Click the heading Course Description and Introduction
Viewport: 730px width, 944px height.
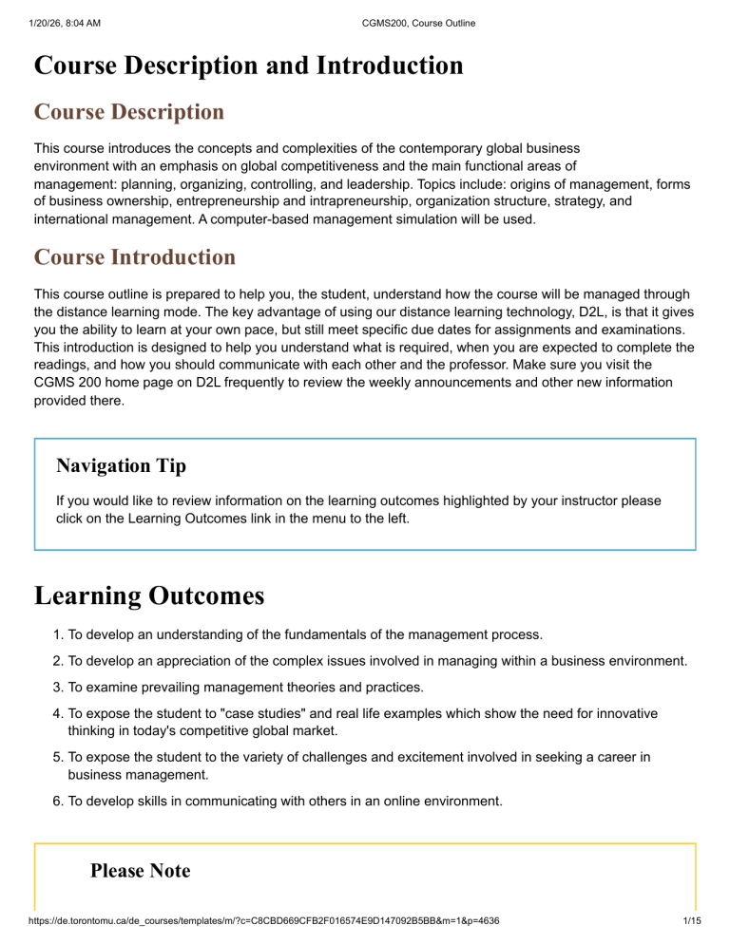pyautogui.click(x=249, y=66)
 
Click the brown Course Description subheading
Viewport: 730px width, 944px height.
pyautogui.click(x=129, y=112)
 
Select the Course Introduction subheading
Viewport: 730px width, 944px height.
pyautogui.click(x=134, y=257)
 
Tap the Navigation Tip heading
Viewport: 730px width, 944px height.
pyautogui.click(x=121, y=465)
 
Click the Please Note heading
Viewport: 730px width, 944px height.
pyautogui.click(x=140, y=871)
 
